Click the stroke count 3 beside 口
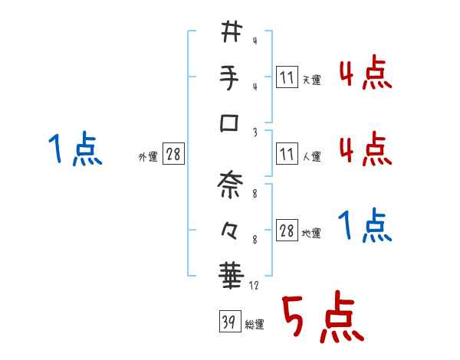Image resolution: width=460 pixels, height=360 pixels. click(255, 132)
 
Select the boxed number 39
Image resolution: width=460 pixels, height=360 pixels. click(228, 322)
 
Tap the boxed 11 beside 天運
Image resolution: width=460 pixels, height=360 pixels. click(286, 77)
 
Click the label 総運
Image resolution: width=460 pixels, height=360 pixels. click(255, 325)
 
